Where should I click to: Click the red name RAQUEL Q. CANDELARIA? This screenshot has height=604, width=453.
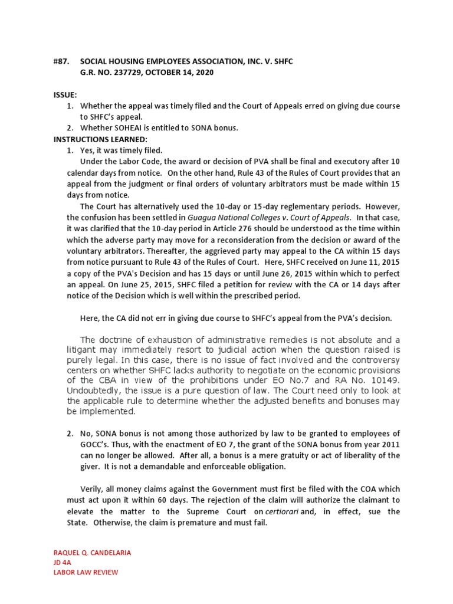93,553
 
